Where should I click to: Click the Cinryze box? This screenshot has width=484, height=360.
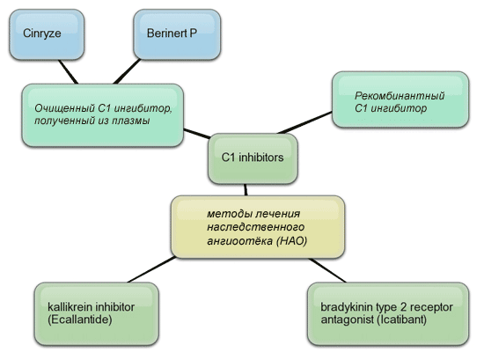click(x=47, y=34)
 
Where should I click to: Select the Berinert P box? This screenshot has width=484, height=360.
click(x=177, y=34)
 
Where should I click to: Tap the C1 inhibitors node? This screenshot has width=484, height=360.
click(x=253, y=158)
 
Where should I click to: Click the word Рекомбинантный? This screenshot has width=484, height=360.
click(x=400, y=96)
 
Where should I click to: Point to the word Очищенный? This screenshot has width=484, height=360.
click(x=64, y=108)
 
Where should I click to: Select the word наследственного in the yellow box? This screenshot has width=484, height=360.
click(x=255, y=227)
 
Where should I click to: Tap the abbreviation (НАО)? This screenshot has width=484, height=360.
click(x=291, y=241)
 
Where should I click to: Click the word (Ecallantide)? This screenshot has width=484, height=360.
click(x=79, y=320)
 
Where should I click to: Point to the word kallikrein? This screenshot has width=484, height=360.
click(x=70, y=307)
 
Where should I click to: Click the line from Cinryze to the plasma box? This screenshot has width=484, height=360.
click(x=69, y=71)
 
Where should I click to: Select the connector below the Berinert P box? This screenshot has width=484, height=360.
click(x=128, y=71)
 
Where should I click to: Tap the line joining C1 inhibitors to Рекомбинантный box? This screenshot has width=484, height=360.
click(x=304, y=122)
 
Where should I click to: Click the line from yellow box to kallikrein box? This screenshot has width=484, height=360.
click(x=151, y=269)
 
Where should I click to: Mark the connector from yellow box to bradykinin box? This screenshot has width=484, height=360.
click(x=327, y=270)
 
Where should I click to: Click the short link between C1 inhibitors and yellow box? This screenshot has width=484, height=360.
click(x=246, y=190)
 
